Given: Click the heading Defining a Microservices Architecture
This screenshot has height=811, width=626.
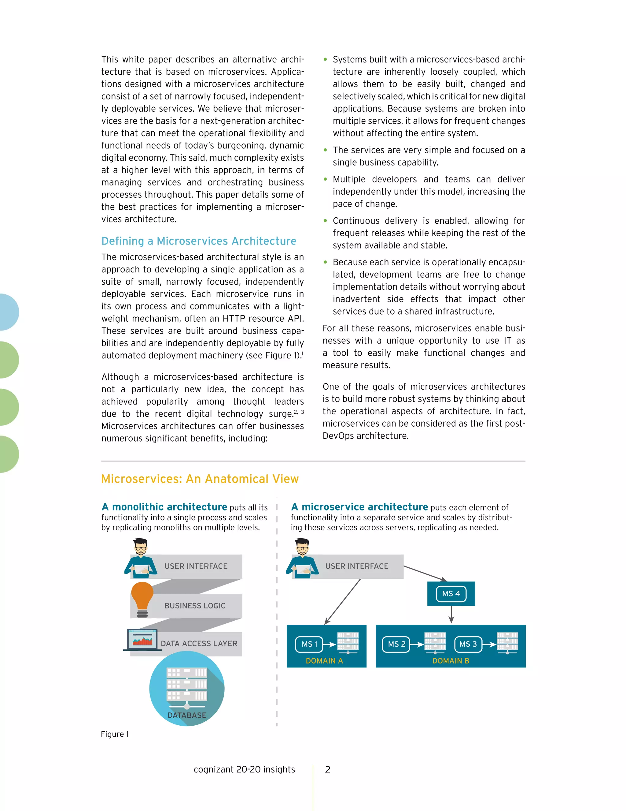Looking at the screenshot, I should pyautogui.click(x=199, y=241).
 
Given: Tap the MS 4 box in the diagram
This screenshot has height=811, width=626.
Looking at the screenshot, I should pyautogui.click(x=451, y=593).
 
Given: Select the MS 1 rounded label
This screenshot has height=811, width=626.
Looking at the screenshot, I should pyautogui.click(x=309, y=644).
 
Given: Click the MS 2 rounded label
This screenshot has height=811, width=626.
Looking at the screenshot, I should pyautogui.click(x=396, y=644).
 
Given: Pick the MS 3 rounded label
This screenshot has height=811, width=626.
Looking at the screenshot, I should pyautogui.click(x=468, y=644).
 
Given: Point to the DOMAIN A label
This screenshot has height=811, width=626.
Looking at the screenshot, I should pyautogui.click(x=324, y=661).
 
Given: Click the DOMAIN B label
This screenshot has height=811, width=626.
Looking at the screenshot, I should pyautogui.click(x=451, y=661).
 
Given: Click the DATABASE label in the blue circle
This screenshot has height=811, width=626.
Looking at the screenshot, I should pyautogui.click(x=186, y=715).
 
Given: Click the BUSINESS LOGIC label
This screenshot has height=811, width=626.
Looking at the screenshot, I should pyautogui.click(x=195, y=606).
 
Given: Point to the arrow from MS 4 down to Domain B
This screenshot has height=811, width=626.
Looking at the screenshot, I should pyautogui.click(x=451, y=615).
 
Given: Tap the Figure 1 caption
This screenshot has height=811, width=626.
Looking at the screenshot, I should pyautogui.click(x=115, y=734).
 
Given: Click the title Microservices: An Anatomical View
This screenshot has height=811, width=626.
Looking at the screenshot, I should pyautogui.click(x=200, y=479).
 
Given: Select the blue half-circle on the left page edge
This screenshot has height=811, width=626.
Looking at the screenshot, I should pyautogui.click(x=8, y=312).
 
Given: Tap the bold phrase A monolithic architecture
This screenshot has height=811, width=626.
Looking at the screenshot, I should pyautogui.click(x=164, y=507).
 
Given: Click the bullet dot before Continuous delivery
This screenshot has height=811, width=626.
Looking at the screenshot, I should pyautogui.click(x=325, y=221).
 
